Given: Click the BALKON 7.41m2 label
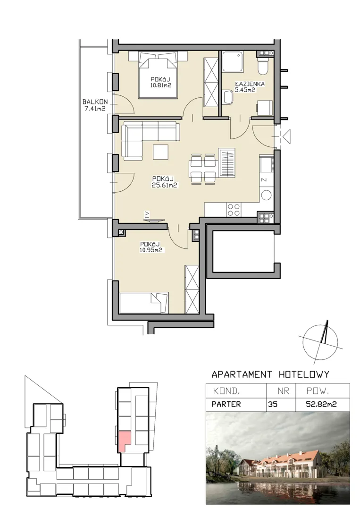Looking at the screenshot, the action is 94,105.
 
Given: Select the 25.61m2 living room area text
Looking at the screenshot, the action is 164,186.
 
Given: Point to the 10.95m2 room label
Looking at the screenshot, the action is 151,250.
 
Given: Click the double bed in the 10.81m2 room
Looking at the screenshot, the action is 158,76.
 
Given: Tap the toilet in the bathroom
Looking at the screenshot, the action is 262,66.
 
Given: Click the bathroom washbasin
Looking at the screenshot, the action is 228,98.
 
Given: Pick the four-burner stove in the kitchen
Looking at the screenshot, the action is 234,210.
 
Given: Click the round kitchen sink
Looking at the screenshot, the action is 267,195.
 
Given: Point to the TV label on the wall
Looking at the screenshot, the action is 147,214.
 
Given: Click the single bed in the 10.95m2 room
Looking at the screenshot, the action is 143,303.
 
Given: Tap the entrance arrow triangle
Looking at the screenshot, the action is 286,136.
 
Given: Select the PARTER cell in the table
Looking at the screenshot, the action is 226,404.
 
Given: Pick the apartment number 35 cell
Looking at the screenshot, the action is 273,404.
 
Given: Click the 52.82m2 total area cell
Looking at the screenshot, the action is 321,404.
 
